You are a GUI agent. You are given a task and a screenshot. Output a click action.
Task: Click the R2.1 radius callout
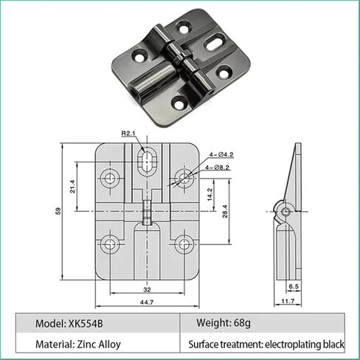coord(130,134)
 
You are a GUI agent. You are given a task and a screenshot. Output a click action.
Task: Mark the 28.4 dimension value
coord(224,212)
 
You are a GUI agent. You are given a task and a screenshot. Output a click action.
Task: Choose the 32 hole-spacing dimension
coord(146,289)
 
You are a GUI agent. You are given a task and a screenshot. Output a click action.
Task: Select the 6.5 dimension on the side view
coord(294,285)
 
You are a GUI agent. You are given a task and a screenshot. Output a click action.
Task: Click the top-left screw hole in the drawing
coord(112,177)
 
